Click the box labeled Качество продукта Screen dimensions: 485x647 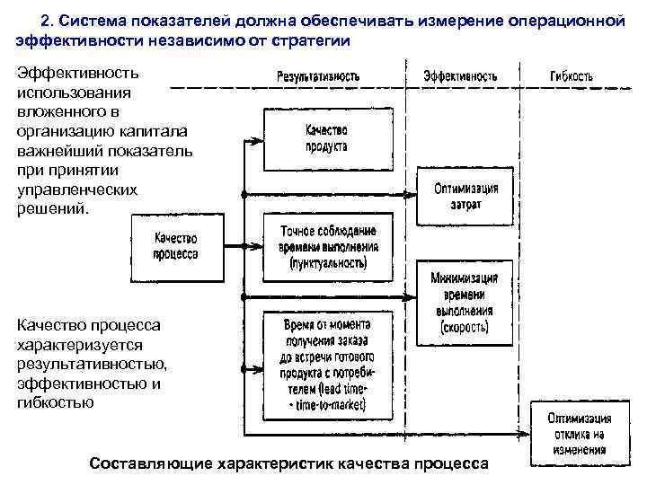(326, 139)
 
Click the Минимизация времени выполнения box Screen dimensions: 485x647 (465, 295)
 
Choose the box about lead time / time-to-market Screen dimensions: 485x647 (328, 366)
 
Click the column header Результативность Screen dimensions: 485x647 (318, 76)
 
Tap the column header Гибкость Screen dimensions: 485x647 (572, 76)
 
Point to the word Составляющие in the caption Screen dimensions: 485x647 (146, 463)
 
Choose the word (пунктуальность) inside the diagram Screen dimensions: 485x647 (328, 264)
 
